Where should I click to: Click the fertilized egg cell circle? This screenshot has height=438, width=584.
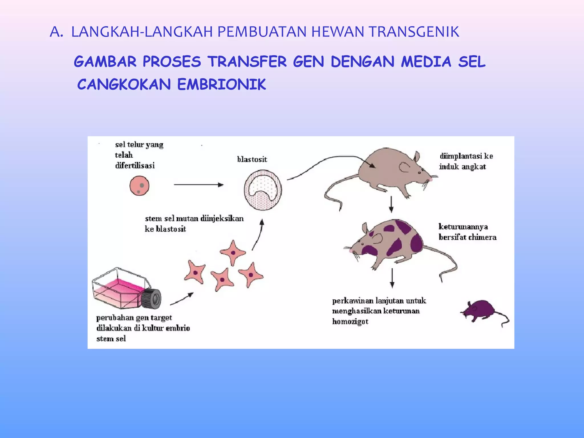pyautogui.click(x=139, y=186)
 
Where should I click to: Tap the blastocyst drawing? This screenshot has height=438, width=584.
pyautogui.click(x=263, y=190)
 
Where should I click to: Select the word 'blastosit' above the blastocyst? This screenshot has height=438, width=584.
pyautogui.click(x=252, y=159)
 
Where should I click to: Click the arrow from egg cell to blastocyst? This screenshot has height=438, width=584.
pyautogui.click(x=198, y=185)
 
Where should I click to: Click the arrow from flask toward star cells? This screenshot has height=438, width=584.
pyautogui.click(x=182, y=299)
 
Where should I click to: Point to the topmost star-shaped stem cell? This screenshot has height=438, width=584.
pyautogui.click(x=233, y=252)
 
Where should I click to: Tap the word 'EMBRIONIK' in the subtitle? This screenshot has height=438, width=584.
pyautogui.click(x=222, y=85)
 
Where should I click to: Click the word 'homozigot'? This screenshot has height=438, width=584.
pyautogui.click(x=350, y=322)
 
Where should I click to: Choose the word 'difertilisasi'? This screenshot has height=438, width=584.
pyautogui.click(x=135, y=166)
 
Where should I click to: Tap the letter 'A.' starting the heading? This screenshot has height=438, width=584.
pyautogui.click(x=56, y=32)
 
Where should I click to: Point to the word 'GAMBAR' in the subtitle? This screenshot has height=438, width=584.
pyautogui.click(x=105, y=62)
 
